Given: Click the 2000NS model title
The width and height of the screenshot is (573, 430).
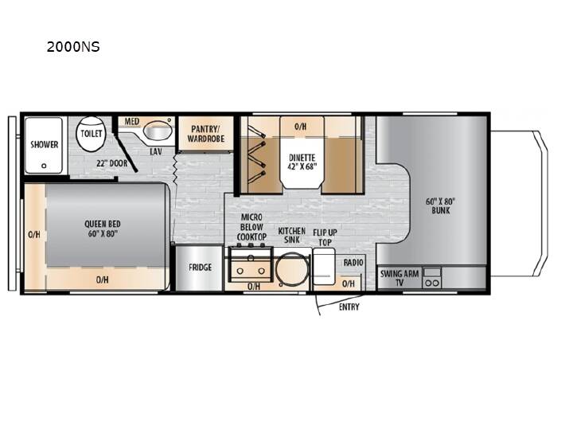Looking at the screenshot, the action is [x=73, y=47].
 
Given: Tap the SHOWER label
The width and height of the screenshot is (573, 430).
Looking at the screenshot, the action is [x=45, y=144].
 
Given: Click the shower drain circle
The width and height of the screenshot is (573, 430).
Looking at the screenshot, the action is [x=44, y=166].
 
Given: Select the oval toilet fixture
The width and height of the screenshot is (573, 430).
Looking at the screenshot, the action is [x=91, y=134].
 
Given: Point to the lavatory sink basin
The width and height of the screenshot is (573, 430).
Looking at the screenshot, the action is [x=158, y=131].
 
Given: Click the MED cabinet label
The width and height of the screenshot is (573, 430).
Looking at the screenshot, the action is [x=132, y=121].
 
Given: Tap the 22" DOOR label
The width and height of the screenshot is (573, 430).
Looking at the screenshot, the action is [x=112, y=163].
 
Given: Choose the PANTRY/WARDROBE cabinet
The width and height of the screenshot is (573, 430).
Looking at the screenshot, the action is [x=206, y=134].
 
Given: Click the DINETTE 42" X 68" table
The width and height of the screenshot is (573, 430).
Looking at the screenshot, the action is [x=302, y=153].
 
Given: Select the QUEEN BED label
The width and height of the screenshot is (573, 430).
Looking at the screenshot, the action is [x=103, y=224].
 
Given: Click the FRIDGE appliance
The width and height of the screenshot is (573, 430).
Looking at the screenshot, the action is [x=200, y=268].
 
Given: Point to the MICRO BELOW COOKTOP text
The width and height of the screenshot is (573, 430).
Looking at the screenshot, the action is [x=251, y=227].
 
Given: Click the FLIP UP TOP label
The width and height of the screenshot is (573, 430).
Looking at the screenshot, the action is [x=325, y=237].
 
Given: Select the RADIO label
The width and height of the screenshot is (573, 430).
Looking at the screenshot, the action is [x=353, y=263].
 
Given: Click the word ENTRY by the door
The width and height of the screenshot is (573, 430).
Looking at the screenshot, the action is [x=349, y=307].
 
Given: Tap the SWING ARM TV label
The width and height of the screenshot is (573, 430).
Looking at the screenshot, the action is [x=400, y=278].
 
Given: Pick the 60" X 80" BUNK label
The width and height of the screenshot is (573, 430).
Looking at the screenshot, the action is [x=440, y=206].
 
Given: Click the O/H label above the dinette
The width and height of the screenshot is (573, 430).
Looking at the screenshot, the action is [x=300, y=127].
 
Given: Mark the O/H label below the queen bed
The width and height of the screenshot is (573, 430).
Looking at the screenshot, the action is [x=103, y=279].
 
